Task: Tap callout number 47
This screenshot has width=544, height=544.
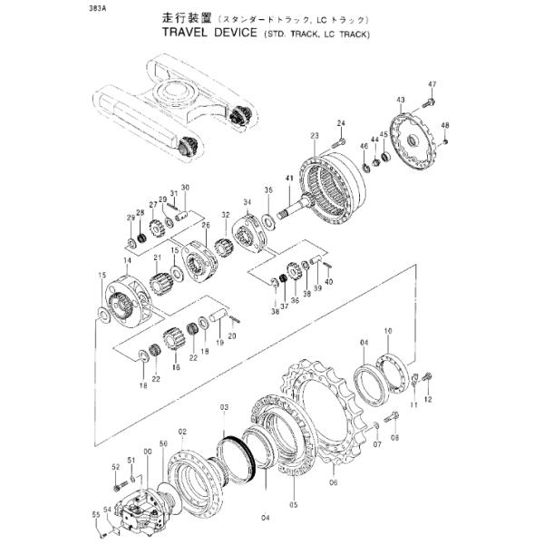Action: tap(432, 84)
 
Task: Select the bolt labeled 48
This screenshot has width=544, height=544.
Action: tap(445, 140)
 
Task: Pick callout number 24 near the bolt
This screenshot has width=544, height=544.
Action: tap(341, 123)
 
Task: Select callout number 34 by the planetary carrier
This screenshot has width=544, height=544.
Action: tap(247, 202)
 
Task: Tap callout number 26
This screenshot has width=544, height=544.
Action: tap(205, 225)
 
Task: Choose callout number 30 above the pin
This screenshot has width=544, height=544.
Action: tap(184, 188)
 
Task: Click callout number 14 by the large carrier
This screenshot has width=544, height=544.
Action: tap(128, 260)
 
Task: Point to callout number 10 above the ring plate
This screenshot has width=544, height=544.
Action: tap(388, 332)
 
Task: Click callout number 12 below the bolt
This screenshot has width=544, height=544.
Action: tap(428, 399)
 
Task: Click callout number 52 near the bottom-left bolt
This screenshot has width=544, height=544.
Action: tap(116, 467)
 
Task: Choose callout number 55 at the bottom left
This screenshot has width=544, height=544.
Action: tap(95, 515)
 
